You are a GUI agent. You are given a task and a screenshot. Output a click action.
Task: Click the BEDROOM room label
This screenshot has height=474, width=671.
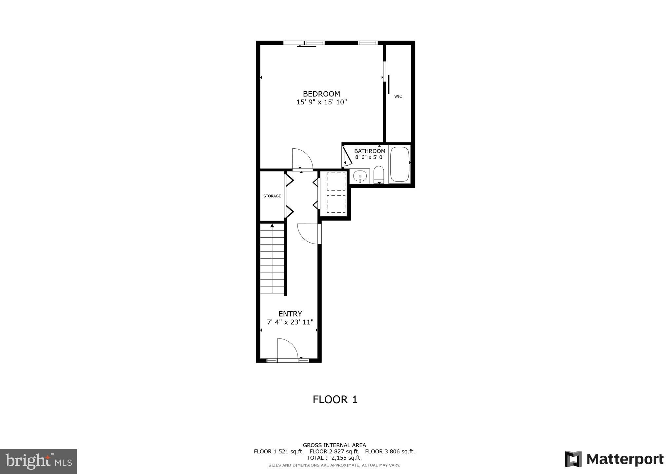pyautogui.click(x=321, y=94)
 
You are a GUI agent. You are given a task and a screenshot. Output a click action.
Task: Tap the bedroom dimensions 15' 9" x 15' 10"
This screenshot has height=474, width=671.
pyautogui.click(x=321, y=102)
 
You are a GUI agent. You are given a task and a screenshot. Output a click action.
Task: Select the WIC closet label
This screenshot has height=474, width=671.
pyautogui.click(x=398, y=96)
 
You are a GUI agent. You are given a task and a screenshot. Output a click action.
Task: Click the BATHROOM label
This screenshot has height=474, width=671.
pyautogui.click(x=370, y=151)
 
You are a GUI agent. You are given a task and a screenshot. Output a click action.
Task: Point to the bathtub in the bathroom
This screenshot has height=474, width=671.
pyautogui.click(x=400, y=164)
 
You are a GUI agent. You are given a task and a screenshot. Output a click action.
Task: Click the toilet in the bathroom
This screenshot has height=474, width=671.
pyautogui.click(x=378, y=175)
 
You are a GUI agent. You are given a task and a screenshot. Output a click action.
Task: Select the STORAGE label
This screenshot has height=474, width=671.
pyautogui.click(x=272, y=196)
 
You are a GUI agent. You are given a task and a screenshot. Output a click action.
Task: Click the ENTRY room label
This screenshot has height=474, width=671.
pyautogui.click(x=290, y=314)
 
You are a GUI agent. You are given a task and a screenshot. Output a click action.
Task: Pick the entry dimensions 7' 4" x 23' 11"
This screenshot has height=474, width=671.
pyautogui.click(x=290, y=322)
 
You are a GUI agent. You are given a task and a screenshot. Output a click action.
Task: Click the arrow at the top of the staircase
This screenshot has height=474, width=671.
pyautogui.click(x=272, y=225)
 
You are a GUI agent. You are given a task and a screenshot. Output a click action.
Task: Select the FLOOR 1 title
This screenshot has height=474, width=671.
pyautogui.click(x=335, y=400)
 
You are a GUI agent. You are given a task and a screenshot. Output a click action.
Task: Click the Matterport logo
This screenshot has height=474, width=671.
pyautogui.click(x=614, y=459)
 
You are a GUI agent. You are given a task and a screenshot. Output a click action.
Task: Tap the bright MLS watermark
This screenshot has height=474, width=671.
pyautogui.click(x=38, y=461)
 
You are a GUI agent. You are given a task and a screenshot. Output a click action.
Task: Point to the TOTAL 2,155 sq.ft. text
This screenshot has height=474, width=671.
pyautogui.click(x=334, y=458)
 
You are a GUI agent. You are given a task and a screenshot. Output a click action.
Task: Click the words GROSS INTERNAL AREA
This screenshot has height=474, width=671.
pyautogui.click(x=334, y=445)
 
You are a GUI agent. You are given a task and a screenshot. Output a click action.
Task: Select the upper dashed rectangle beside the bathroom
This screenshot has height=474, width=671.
pyautogui.click(x=336, y=181)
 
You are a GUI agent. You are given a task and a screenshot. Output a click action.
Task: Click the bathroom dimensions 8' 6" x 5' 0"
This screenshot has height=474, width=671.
pyautogui.click(x=370, y=157)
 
